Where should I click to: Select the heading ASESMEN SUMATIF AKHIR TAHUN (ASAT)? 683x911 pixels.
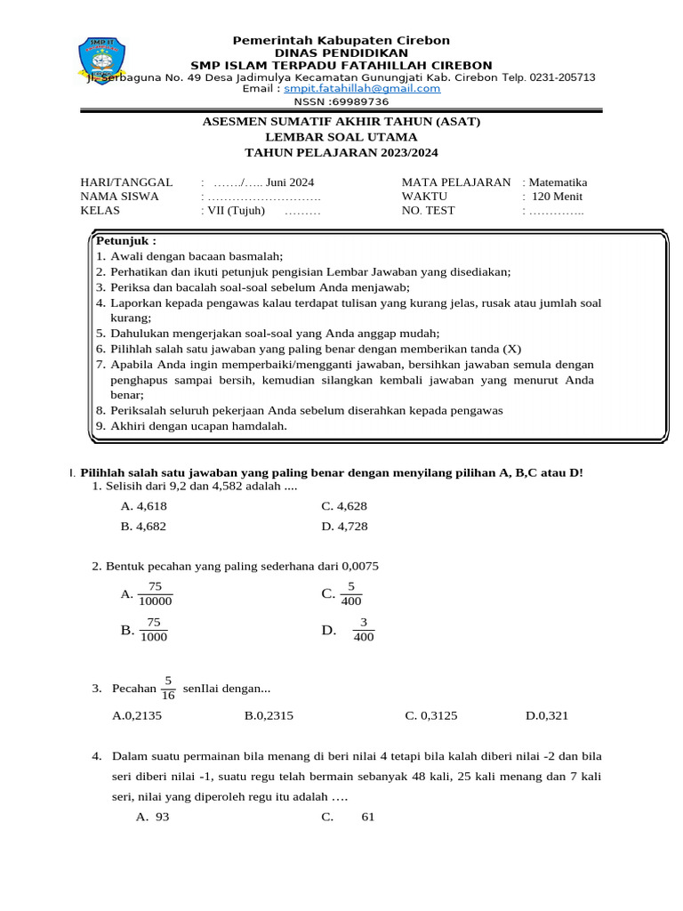coord(341,122)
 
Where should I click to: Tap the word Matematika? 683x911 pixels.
coord(558,182)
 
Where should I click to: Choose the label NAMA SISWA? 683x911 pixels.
coord(119,197)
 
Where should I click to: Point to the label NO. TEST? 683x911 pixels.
coord(428,211)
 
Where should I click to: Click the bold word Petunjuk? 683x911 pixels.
coord(125,240)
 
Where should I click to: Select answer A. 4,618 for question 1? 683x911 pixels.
coord(143,506)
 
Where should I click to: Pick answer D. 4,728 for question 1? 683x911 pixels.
coord(344,527)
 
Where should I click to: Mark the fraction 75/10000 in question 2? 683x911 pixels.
coord(155,593)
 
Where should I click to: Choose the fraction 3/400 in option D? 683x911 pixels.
coord(363,630)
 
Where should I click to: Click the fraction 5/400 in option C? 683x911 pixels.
coord(351,593)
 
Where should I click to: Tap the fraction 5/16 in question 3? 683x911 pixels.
coord(168,688)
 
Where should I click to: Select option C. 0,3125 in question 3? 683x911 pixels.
coord(430,715)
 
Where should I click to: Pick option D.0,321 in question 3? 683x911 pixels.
coord(547,715)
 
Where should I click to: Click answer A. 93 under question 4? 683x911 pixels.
coord(152,818)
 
